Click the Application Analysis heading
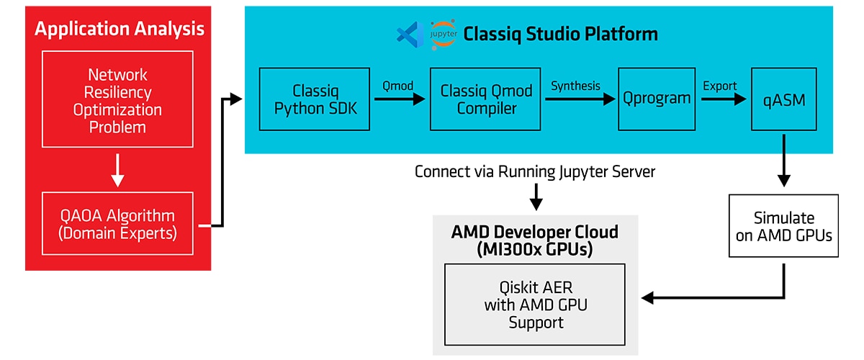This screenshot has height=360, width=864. (x=119, y=29)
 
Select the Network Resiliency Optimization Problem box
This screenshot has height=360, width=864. (x=117, y=101)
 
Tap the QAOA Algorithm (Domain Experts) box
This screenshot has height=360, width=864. (x=117, y=224)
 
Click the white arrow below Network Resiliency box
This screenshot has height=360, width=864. (x=118, y=170)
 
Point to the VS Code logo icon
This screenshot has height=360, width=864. (x=408, y=34)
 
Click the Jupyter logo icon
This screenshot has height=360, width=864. (x=443, y=35)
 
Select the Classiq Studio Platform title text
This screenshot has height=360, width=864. (x=560, y=34)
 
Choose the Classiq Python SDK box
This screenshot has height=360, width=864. (x=314, y=99)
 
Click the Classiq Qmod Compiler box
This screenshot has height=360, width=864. (x=486, y=99)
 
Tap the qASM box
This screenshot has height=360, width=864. (x=783, y=99)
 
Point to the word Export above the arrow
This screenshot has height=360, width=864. (x=719, y=86)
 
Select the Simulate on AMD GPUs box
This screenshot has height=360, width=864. (x=783, y=225)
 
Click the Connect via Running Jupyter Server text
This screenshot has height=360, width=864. (x=534, y=173)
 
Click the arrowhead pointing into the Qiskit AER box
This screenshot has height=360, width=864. (x=648, y=297)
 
